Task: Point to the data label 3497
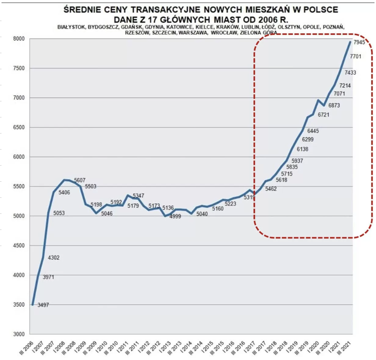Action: [x=44, y=305]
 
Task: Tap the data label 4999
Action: [x=175, y=216]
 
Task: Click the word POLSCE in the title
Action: [x=316, y=10]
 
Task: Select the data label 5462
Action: [x=271, y=189]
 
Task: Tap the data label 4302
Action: [x=53, y=258]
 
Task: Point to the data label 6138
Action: [x=303, y=149]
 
